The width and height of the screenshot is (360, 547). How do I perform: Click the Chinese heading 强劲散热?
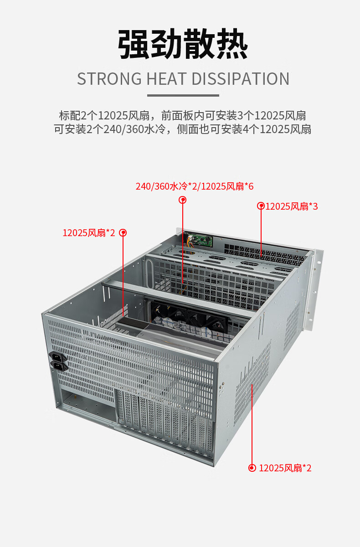(183, 45)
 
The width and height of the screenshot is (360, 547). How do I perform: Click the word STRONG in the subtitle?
(109, 79)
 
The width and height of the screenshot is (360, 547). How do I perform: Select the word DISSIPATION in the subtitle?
(240, 79)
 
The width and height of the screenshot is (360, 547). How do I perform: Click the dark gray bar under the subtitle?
(183, 95)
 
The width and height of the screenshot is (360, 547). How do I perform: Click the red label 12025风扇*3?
(292, 206)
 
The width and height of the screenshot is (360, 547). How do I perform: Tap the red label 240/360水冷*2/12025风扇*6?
(195, 186)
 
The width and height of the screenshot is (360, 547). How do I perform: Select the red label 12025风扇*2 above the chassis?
(89, 233)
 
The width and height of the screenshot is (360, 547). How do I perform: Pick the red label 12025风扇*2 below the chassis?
(285, 468)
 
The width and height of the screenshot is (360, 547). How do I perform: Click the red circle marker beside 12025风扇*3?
(261, 206)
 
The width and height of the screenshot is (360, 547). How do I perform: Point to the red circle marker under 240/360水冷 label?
(183, 200)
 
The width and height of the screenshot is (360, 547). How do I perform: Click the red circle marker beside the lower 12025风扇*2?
(252, 468)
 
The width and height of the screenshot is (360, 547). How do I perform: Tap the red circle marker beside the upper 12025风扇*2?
(123, 232)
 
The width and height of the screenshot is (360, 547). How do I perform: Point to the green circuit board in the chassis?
(200, 240)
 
